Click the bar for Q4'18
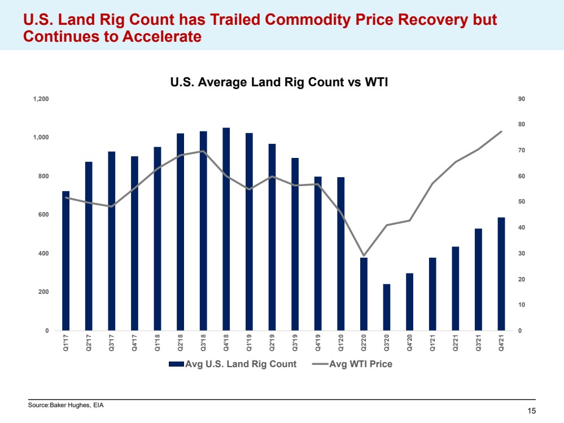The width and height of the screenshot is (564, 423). click(x=226, y=229)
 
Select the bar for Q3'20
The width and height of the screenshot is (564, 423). click(x=387, y=307)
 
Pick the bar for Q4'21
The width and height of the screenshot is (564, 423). click(x=501, y=274)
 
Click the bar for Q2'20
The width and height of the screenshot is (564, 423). click(x=364, y=294)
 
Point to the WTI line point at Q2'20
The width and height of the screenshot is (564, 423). click(x=364, y=256)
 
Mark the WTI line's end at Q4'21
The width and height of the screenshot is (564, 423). click(x=501, y=131)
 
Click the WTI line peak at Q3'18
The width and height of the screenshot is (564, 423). click(x=203, y=151)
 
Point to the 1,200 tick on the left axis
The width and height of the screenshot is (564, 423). click(x=41, y=99)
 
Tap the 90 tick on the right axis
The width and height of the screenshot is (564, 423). click(x=522, y=99)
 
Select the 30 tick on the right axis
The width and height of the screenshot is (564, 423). click(x=522, y=254)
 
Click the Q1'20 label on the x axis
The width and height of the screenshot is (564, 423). click(x=340, y=343)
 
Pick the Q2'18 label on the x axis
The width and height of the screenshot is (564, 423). click(x=180, y=343)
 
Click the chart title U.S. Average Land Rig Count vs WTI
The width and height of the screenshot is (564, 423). click(x=280, y=82)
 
